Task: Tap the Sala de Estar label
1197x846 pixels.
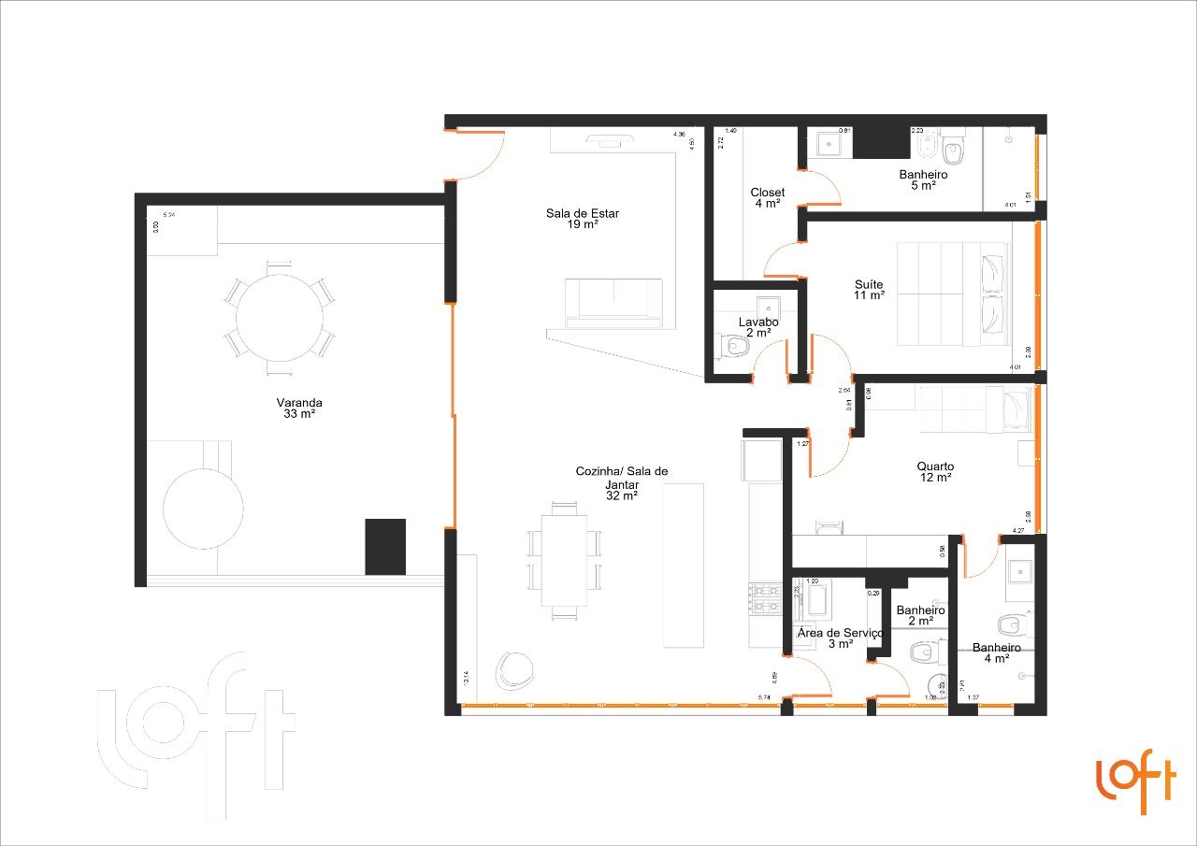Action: click(583, 218)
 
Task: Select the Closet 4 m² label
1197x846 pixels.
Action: click(767, 197)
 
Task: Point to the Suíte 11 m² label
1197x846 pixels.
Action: click(869, 290)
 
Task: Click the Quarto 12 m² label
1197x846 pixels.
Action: click(935, 471)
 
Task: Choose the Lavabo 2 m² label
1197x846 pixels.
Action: click(758, 327)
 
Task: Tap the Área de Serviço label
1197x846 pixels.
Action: click(839, 638)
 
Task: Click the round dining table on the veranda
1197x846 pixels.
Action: click(280, 317)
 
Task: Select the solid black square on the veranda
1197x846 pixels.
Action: click(384, 547)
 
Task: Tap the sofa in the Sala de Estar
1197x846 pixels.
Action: click(613, 303)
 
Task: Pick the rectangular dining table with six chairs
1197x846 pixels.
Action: click(565, 560)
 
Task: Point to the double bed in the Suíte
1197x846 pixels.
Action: click(952, 293)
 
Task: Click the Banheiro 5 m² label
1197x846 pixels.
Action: click(923, 179)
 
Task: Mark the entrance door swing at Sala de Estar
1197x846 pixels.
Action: click(479, 154)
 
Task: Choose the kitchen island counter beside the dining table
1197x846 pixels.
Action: click(683, 565)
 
